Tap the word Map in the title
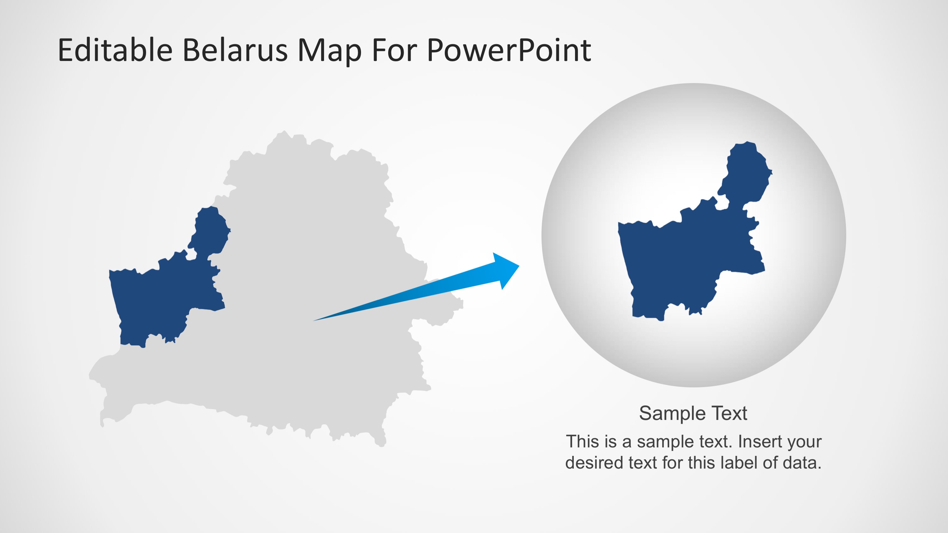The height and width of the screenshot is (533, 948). pyautogui.click(x=329, y=51)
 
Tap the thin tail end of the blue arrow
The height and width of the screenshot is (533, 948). pyautogui.click(x=316, y=320)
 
